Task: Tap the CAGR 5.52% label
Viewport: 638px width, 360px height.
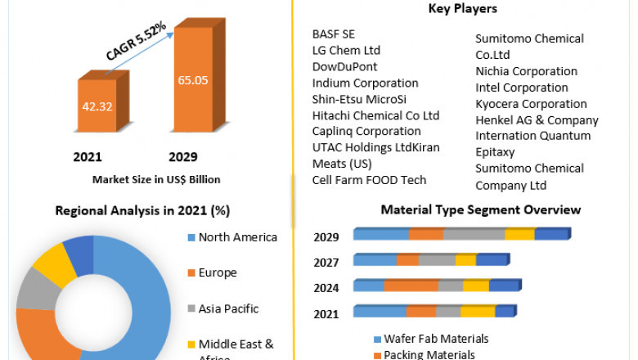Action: point(136,42)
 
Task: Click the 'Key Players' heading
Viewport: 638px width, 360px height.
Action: point(463,9)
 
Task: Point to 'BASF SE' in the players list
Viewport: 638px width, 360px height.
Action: point(334,34)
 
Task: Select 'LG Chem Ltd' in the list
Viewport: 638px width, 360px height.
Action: point(346,51)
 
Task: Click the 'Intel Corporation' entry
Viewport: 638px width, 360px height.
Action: point(522,88)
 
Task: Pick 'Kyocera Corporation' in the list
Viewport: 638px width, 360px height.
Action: point(531,104)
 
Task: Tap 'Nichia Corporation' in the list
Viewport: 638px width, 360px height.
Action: point(526,71)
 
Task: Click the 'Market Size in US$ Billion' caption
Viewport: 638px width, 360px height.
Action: point(156,179)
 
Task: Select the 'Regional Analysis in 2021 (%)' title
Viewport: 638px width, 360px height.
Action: point(142,210)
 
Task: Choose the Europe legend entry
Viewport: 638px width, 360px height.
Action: point(218,272)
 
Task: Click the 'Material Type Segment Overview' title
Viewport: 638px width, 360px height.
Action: point(480,210)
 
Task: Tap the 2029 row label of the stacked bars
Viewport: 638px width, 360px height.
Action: point(327,237)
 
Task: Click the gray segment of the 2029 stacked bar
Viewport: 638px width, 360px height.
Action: point(474,235)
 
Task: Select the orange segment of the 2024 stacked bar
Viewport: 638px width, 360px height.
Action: point(411,286)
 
